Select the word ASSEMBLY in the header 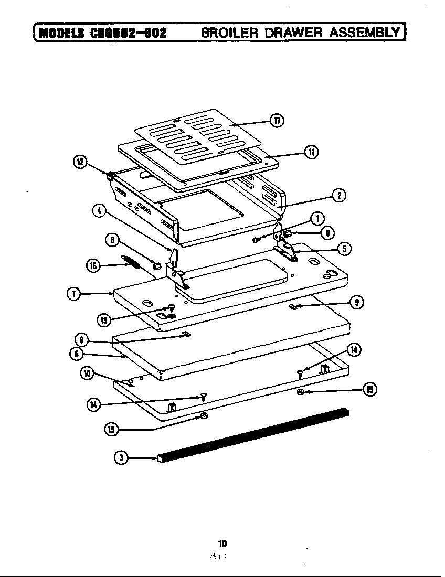365,33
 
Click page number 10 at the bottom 222,543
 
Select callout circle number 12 80,162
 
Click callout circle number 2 339,196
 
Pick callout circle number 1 316,219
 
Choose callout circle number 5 343,249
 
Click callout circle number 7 74,294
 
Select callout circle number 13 103,319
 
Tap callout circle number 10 87,373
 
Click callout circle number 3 121,457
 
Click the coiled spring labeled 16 132,261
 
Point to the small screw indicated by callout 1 256,240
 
